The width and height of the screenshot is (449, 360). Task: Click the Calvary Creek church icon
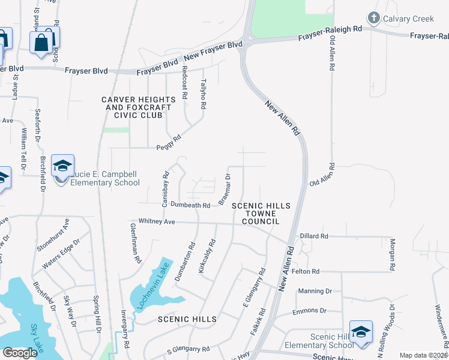coord(374,19)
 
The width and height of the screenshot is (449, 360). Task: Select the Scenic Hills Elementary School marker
coord(361,332)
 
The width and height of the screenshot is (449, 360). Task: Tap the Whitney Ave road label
coord(157,221)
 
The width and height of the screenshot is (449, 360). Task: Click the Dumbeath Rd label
coord(190,205)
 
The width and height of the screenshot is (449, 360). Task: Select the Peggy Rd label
coord(169,141)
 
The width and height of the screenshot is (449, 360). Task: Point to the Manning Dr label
coord(315,291)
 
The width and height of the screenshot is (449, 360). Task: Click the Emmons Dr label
coord(309,311)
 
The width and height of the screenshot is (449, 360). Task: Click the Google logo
coord(19,352)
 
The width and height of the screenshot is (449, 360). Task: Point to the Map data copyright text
coord(423,355)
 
